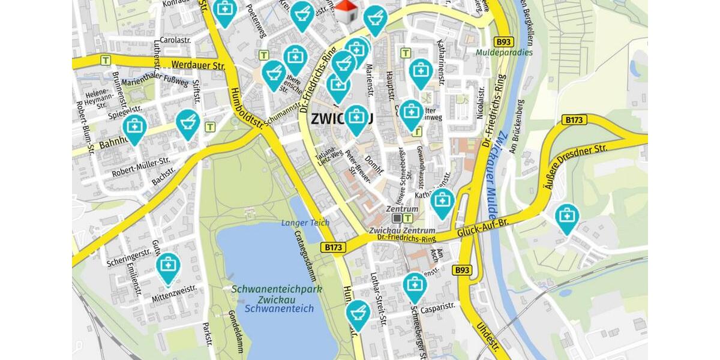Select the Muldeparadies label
coord(505,52)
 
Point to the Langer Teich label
coord(305,223)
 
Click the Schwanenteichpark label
coord(277,289)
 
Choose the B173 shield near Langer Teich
coord(334,247)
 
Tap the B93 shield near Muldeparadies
coord(503,42)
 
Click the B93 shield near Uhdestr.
coord(461,270)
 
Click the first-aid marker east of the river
coord(566,217)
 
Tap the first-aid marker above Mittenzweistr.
coord(168,267)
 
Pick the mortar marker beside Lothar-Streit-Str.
coord(358,313)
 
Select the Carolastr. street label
coord(175,40)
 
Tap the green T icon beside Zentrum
coord(409,218)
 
